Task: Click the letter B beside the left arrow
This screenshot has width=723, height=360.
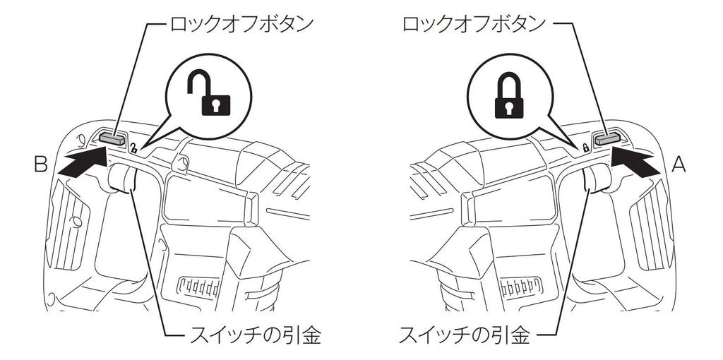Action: pyautogui.click(x=41, y=164)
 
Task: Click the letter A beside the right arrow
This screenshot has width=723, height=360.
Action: pyautogui.click(x=679, y=164)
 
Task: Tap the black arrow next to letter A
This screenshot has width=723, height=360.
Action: pyautogui.click(x=635, y=162)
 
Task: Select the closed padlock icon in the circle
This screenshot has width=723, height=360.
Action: pyautogui.click(x=508, y=95)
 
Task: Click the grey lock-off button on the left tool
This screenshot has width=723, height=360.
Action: pyautogui.click(x=112, y=138)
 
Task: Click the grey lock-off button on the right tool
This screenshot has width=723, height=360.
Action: pyautogui.click(x=607, y=138)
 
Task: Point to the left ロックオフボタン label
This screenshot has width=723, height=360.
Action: pyautogui.click(x=243, y=23)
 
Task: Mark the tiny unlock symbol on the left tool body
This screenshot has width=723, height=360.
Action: pyautogui.click(x=133, y=148)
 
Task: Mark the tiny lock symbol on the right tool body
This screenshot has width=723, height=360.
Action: pyautogui.click(x=585, y=148)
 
